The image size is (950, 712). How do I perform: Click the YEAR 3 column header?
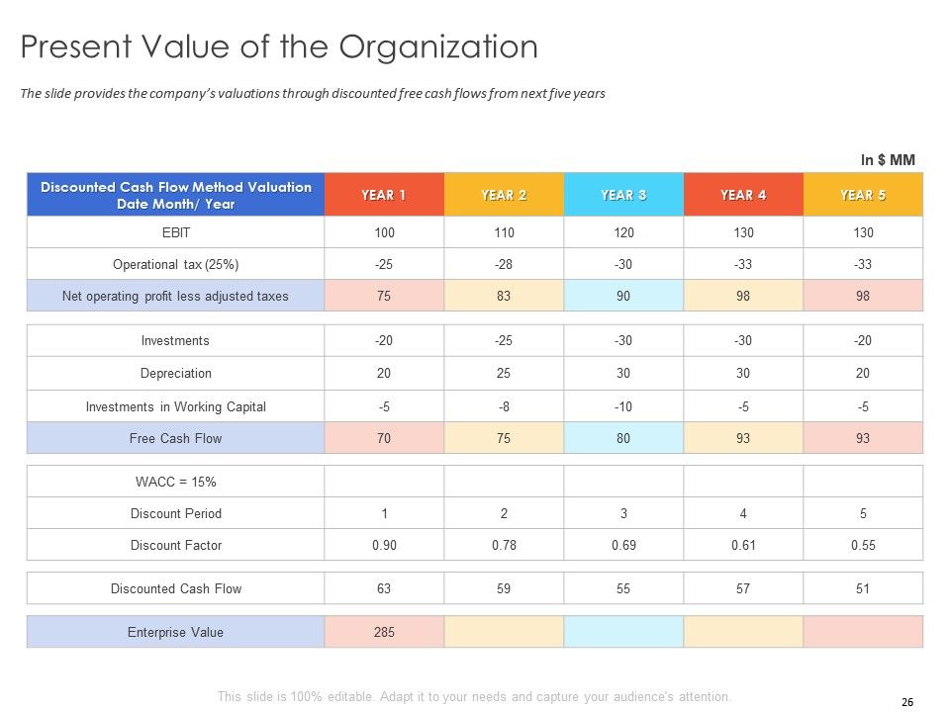[x=623, y=195]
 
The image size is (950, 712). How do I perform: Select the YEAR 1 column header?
[x=384, y=195]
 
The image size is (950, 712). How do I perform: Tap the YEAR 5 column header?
[x=863, y=195]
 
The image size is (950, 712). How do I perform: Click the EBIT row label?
[x=175, y=232]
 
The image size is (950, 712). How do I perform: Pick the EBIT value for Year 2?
[x=504, y=232]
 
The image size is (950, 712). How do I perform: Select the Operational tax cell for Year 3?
[x=623, y=264]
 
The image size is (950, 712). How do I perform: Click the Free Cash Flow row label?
[x=175, y=438]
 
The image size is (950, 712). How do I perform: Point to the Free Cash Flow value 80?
[x=623, y=438]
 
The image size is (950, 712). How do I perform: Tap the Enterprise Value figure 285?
[x=384, y=632]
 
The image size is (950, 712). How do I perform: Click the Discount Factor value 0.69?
[x=623, y=545]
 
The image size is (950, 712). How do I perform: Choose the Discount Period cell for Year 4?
[x=743, y=513]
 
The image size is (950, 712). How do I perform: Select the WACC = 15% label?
[x=175, y=482]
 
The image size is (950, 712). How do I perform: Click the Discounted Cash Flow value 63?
[x=384, y=588]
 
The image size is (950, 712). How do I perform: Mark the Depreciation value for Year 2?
[x=504, y=374]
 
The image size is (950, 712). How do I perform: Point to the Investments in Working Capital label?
[x=175, y=406]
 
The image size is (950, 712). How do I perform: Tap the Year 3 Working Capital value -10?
[x=623, y=406]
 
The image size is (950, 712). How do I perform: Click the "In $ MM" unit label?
[x=888, y=160]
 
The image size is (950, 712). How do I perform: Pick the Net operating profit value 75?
[x=384, y=296]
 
